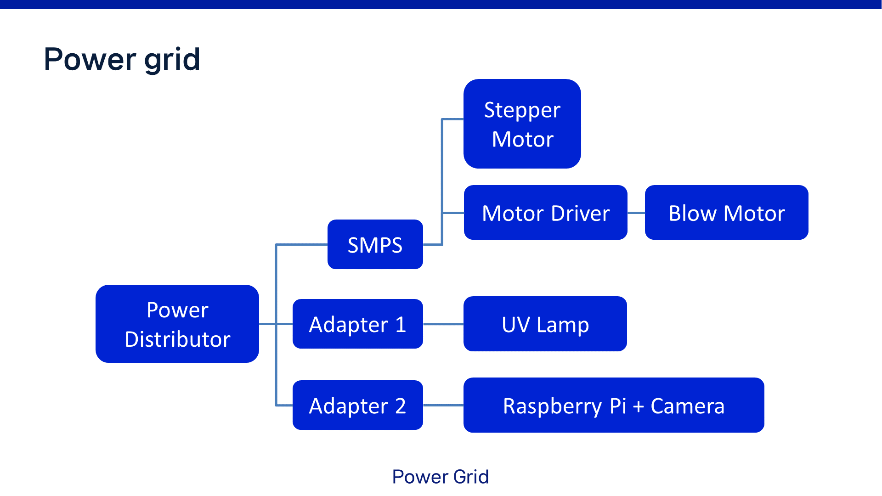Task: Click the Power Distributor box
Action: coord(177,324)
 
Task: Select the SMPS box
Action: coord(375,244)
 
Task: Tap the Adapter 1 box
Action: coord(357,324)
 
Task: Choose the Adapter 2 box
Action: coord(357,405)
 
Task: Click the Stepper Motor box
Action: coord(522,124)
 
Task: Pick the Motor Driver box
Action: coord(545,213)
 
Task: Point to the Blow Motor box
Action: coord(726,213)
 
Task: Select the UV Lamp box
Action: coord(545,324)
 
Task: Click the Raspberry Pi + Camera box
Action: coord(613,405)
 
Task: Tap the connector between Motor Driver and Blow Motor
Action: coord(636,213)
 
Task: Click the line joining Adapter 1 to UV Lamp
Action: coord(443,324)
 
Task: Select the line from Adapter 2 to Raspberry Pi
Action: coord(443,405)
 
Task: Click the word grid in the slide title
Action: coord(172,60)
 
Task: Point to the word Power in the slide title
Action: coord(90,60)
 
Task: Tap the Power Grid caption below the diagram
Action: coord(440,477)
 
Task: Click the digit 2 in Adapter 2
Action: coord(400,406)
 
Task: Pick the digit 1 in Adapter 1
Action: coord(401,325)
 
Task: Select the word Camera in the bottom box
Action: coord(687,406)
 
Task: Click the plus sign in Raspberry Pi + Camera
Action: coord(639,406)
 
